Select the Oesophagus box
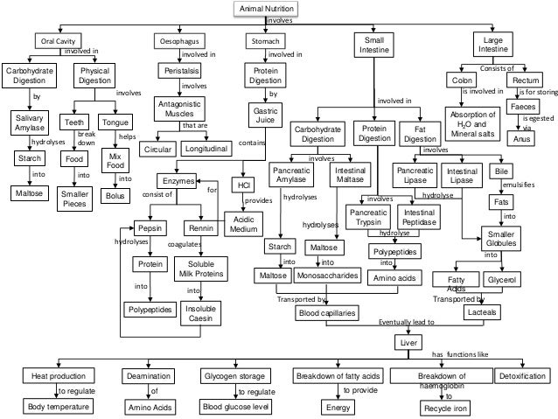point(179,41)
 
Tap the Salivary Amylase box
point(31,123)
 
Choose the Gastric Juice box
point(265,116)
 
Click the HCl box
point(241,185)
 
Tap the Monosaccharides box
point(327,276)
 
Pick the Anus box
point(521,139)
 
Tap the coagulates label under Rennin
point(184,245)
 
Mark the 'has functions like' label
point(459,354)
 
